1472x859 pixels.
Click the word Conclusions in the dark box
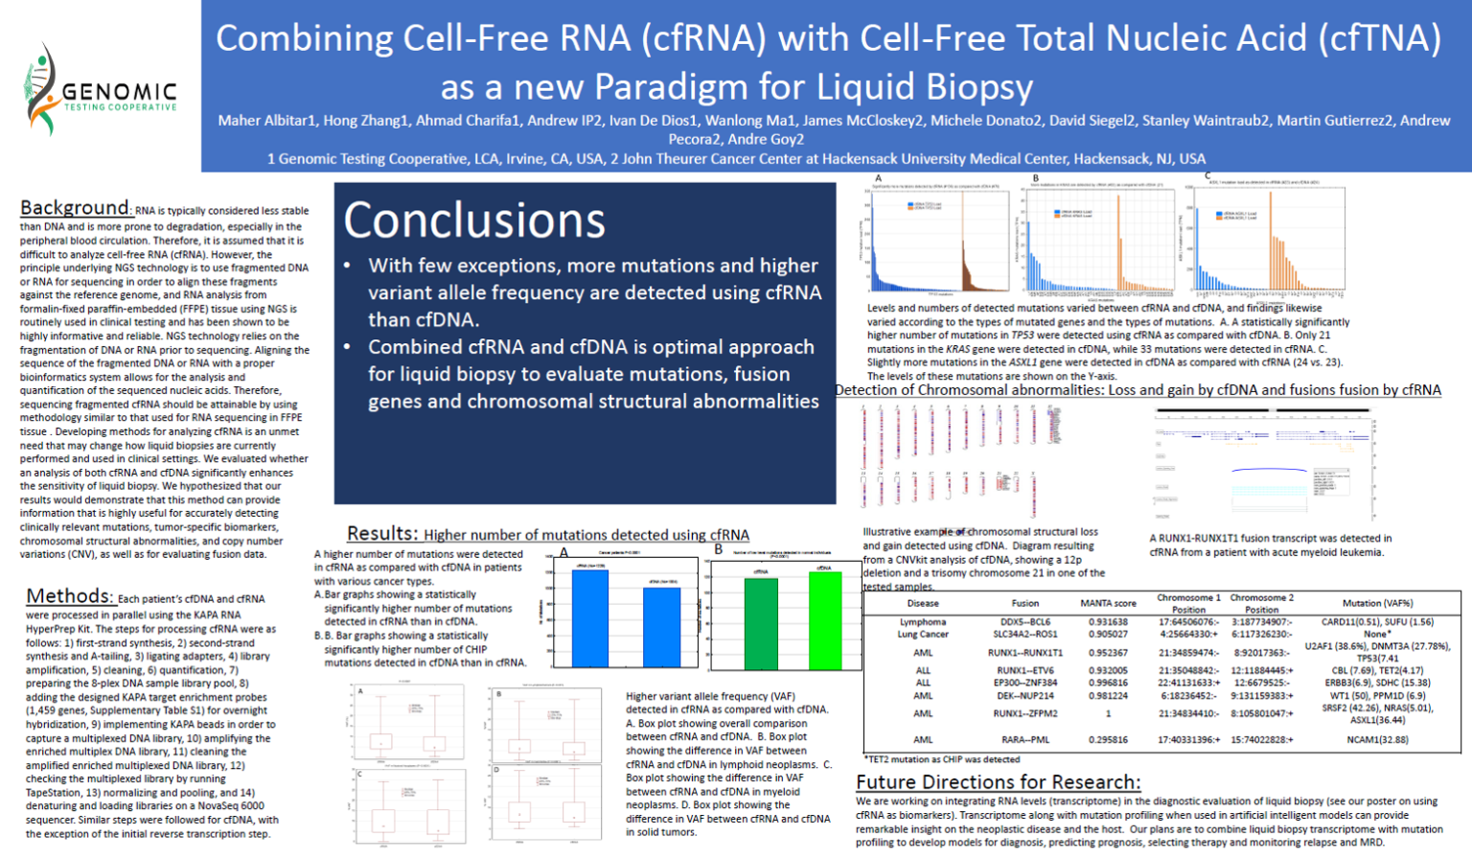[474, 221]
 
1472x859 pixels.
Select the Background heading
[74, 208]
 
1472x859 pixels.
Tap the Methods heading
[69, 596]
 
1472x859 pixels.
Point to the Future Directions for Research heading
[998, 782]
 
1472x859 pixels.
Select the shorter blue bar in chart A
[661, 625]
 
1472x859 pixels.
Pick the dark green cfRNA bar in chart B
[761, 621]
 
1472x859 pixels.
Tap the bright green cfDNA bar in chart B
[824, 618]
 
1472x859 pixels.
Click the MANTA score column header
[1108, 603]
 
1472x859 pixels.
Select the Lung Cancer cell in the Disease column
[922, 635]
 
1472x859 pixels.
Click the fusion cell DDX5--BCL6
[1024, 622]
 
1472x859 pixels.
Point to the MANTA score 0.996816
[1108, 683]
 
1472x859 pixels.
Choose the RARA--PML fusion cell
[1024, 740]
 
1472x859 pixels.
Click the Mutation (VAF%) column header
[1377, 603]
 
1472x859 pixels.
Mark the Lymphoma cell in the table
[922, 622]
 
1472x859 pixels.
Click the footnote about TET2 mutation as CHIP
[942, 759]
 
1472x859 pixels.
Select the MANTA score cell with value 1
[1108, 713]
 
